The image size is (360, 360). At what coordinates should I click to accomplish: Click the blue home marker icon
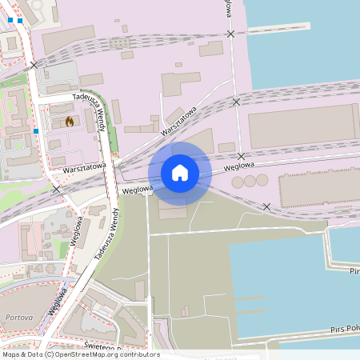(180, 172)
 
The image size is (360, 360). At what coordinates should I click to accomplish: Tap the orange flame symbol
(70, 122)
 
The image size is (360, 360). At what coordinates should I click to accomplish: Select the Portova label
(18, 318)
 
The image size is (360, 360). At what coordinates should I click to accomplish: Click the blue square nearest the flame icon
(36, 130)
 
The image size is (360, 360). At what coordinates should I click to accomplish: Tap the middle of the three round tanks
(250, 182)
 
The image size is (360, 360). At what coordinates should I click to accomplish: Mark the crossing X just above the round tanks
(241, 156)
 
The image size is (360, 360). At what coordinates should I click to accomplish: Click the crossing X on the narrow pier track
(231, 34)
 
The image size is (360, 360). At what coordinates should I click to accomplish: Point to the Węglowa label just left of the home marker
(137, 189)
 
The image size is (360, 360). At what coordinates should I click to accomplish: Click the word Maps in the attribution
(12, 354)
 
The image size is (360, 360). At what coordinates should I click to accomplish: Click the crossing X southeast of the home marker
(266, 206)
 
